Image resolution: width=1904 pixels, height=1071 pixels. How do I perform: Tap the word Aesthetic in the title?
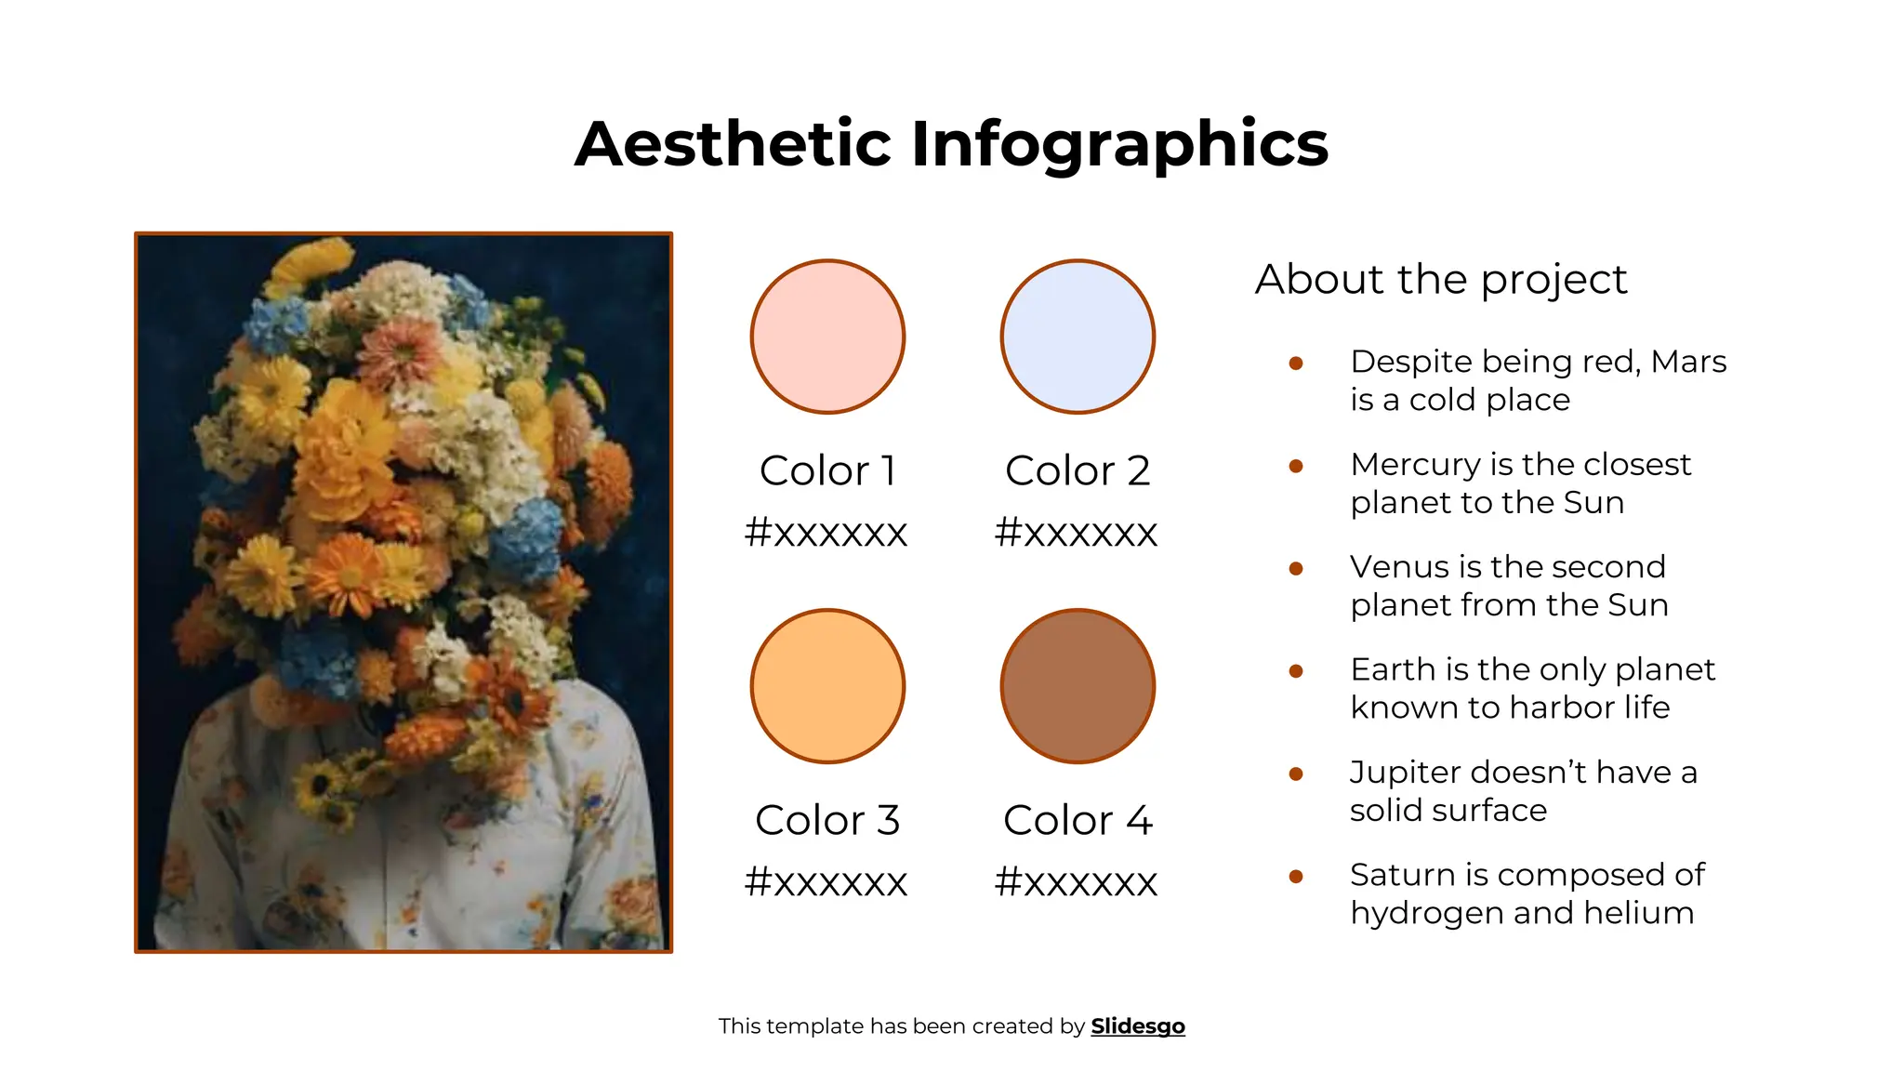734,145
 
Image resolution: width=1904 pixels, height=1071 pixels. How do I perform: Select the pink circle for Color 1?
827,337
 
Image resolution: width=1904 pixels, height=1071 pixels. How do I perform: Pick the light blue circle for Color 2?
1078,337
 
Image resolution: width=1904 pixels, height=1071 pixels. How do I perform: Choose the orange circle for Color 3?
827,686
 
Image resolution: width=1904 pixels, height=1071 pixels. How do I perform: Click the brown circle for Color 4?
1078,686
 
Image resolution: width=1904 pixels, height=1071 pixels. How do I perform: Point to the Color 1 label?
827,470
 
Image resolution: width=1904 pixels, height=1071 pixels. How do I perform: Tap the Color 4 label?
1078,820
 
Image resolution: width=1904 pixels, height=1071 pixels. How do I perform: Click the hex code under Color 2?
1076,533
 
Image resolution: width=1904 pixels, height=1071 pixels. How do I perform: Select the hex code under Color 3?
826,881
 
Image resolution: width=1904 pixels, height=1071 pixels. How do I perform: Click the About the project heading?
1441,279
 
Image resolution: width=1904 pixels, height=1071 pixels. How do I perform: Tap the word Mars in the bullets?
1688,362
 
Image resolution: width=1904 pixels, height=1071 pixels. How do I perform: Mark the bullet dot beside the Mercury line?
1296,466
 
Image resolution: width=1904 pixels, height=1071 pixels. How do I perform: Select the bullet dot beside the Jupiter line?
1296,773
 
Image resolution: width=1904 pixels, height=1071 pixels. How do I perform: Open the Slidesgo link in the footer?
1138,1026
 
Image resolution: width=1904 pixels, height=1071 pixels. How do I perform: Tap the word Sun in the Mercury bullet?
1593,503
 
